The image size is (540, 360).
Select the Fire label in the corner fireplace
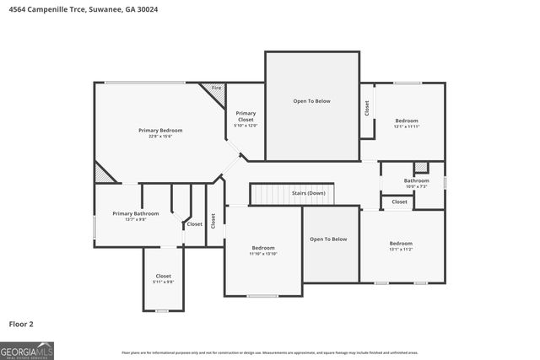216,88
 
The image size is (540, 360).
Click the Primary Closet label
246,119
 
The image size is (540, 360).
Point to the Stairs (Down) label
309,193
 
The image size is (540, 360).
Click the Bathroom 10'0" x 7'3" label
416,183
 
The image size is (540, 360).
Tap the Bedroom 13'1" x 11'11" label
406,123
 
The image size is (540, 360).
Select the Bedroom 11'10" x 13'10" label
263,250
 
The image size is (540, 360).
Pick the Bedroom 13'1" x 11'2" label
401,245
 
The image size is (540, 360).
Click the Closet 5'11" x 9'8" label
163,279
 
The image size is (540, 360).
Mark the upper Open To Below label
311,101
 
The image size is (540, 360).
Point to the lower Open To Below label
328,239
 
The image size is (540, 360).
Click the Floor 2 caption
21,323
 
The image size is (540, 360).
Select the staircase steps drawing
277,194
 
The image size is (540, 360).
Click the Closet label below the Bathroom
399,201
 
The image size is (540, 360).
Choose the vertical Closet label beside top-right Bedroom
367,108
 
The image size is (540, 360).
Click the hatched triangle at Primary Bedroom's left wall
103,172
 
